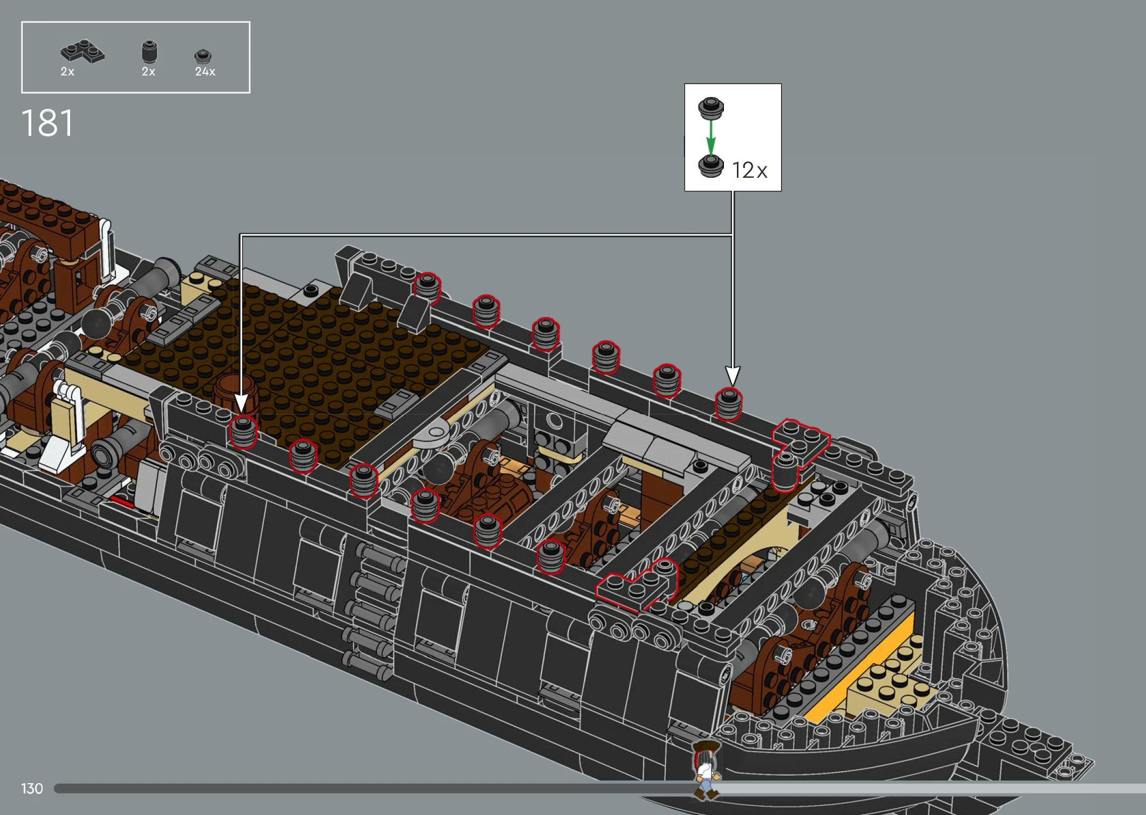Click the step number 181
click(47, 123)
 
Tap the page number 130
click(32, 789)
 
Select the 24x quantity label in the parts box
click(205, 72)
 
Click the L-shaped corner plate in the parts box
click(82, 51)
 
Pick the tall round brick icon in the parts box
click(149, 52)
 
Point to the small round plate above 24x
click(203, 56)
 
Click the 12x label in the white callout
click(750, 170)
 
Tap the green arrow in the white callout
click(710, 137)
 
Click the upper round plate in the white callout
click(711, 108)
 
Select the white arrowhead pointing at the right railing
click(733, 376)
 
